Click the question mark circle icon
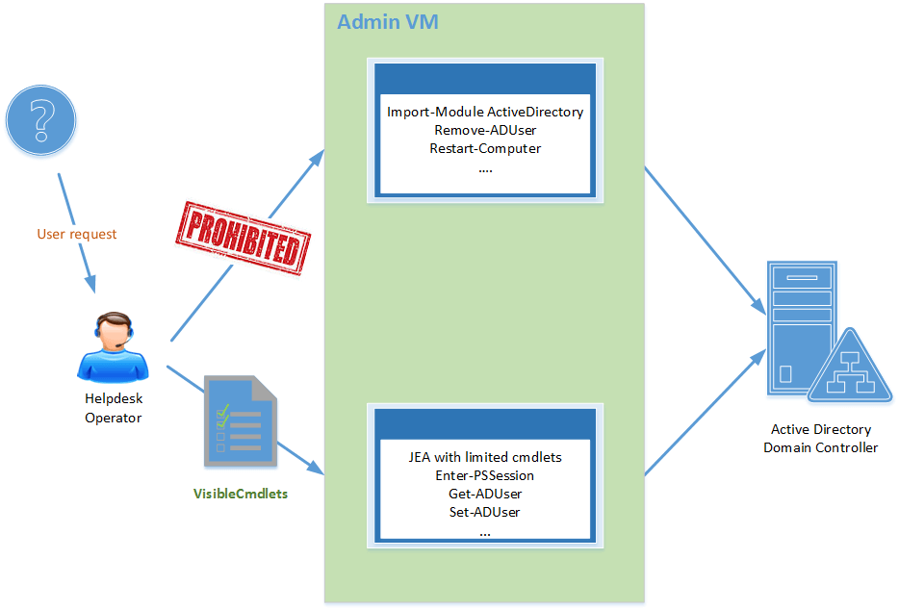coord(40,121)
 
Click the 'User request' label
coord(77,234)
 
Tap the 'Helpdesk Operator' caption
coord(114,408)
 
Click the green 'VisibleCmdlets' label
coord(241,494)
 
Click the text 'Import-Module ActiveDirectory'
coord(485,112)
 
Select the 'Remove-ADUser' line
coord(485,130)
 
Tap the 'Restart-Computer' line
coord(485,148)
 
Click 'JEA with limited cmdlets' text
coord(485,457)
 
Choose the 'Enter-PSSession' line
coord(485,475)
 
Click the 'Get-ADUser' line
coord(485,494)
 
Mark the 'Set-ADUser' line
coord(485,512)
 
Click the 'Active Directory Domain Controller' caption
coord(820,439)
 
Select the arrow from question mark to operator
coord(76,232)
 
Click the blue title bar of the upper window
coord(485,77)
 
